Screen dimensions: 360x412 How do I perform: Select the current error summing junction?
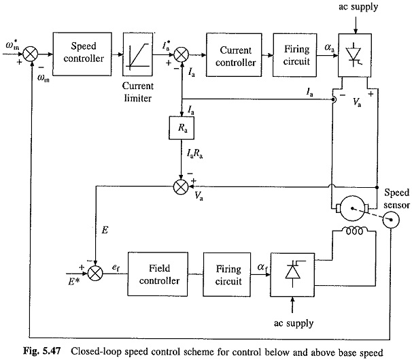[x=182, y=50]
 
